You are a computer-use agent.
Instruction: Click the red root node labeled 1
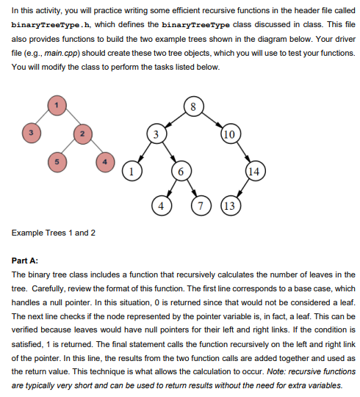tap(53, 106)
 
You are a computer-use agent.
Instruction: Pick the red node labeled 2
tap(82, 134)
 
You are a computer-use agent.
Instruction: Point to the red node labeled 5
tap(52, 160)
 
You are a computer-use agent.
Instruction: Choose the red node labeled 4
tap(107, 160)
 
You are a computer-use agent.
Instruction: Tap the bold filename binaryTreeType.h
tap(46, 24)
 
